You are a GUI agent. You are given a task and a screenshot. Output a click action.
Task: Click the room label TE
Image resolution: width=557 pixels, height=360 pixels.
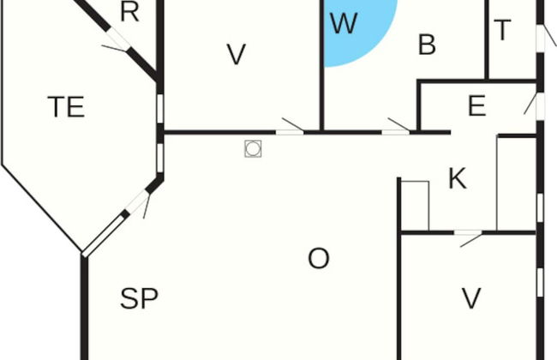coord(67,106)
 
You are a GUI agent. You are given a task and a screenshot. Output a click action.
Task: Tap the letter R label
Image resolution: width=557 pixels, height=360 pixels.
coord(129,12)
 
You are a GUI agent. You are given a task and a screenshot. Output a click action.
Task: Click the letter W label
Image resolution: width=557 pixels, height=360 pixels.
coord(344,23)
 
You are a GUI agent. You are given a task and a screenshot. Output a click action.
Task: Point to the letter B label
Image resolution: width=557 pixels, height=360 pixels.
coord(427,45)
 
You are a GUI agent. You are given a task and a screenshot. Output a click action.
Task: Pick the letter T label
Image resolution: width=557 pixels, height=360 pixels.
coord(502,30)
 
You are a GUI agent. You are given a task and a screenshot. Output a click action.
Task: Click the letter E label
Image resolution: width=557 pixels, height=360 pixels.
coord(476,105)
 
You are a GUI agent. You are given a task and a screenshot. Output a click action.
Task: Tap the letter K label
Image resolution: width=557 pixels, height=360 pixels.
coord(458,178)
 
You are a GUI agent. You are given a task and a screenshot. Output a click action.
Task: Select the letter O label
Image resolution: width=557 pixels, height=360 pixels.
coord(318,258)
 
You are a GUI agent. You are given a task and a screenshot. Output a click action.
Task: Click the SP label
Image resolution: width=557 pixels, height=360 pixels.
coord(139,298)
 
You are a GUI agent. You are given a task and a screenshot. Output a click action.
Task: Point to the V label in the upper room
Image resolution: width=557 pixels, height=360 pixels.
coord(237,54)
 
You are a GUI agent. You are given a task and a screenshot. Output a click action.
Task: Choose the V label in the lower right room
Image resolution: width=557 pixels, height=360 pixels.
coord(471,298)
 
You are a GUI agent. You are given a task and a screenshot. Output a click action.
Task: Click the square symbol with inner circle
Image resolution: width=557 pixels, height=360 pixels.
coord(253,148)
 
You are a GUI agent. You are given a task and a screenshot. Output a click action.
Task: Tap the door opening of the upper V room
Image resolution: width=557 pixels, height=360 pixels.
coord(290,132)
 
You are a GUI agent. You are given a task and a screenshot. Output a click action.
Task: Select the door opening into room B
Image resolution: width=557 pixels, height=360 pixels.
coord(396,132)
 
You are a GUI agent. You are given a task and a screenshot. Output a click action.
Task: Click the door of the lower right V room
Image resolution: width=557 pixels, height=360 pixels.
coord(468,233)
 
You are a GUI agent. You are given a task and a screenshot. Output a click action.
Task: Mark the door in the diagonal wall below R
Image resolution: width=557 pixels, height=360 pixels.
coord(118,39)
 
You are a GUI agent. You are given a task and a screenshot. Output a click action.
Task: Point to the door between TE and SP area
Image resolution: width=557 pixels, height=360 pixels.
coord(137,202)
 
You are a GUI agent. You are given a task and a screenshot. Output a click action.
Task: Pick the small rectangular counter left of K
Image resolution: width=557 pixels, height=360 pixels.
coord(415,206)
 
